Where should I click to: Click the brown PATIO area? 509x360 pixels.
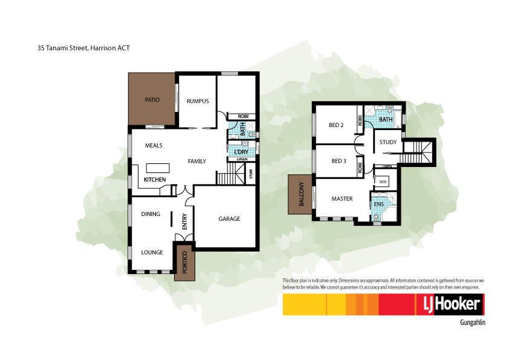tap(152, 99)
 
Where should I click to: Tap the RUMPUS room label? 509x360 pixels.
tap(198, 101)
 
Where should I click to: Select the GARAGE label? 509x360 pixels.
tap(229, 218)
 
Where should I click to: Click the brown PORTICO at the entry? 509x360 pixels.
tap(185, 262)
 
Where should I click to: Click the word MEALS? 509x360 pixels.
tap(154, 145)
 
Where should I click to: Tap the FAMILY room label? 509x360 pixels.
tap(197, 161)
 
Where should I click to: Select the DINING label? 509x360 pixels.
tap(151, 214)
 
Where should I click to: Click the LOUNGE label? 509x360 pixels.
tap(152, 252)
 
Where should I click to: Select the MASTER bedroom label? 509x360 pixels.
tap(342, 198)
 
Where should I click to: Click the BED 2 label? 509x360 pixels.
tap(336, 125)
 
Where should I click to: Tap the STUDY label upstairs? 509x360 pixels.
tap(387, 143)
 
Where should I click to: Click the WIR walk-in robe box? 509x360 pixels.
tap(383, 181)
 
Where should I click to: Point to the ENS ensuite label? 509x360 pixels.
tap(379, 205)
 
